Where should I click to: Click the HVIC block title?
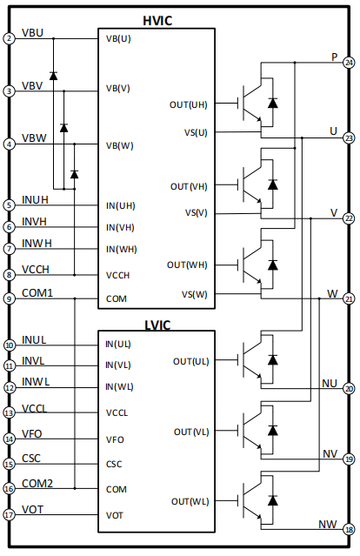[157, 21]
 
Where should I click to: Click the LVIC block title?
[157, 325]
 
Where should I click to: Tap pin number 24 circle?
[349, 63]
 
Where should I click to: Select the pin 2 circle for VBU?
[10, 38]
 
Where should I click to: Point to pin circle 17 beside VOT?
[10, 514]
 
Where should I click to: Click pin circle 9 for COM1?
[10, 298]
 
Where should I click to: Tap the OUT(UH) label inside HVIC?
[188, 105]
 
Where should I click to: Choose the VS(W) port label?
[195, 294]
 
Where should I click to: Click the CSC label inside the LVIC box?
[114, 464]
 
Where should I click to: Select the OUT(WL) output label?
[190, 502]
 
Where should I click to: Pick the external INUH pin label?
[35, 200]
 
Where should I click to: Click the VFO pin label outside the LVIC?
[32, 434]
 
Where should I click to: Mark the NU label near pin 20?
[330, 384]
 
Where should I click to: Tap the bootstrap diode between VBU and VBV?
[54, 76]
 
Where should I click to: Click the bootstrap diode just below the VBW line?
[75, 174]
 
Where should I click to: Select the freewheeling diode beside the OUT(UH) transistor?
[272, 103]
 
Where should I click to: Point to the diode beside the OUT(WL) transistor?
[272, 500]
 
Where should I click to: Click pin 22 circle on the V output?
[349, 218]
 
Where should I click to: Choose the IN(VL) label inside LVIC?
[118, 365]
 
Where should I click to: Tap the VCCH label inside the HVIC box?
[117, 276]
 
